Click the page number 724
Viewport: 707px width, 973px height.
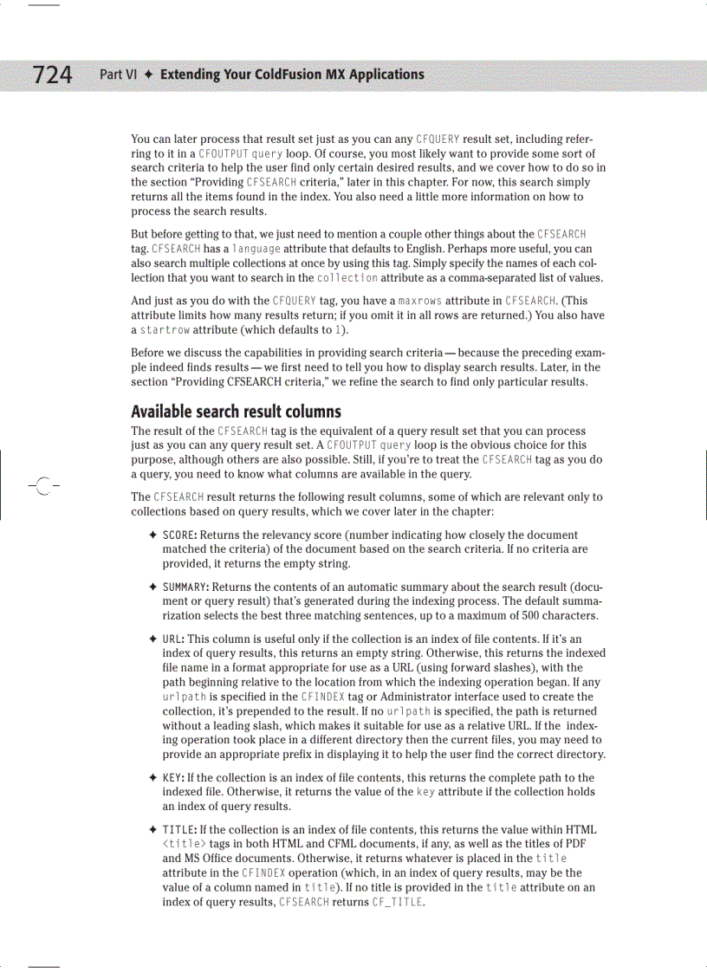(x=53, y=75)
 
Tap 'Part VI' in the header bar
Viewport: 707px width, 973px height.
(x=119, y=75)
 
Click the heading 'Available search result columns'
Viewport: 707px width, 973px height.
(x=236, y=412)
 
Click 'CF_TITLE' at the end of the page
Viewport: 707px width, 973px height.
(x=397, y=903)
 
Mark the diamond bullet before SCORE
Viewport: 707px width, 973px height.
(x=152, y=535)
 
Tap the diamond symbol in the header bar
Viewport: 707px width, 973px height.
(x=149, y=75)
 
